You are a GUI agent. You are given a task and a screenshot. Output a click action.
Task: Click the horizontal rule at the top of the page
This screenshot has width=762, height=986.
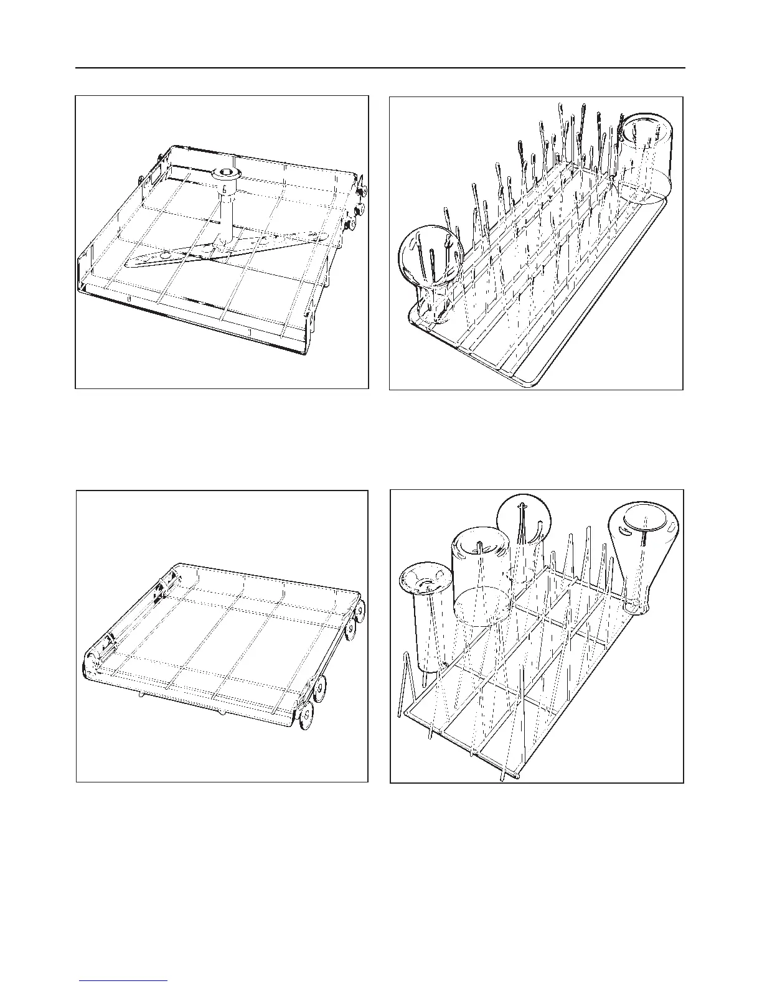click(x=380, y=68)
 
